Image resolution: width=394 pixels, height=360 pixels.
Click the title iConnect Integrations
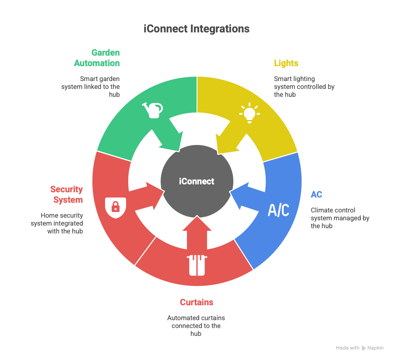coord(197,29)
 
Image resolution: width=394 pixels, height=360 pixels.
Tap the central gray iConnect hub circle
coord(197,181)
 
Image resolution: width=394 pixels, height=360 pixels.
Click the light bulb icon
coord(249,112)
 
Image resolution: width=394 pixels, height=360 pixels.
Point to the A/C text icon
coord(278,210)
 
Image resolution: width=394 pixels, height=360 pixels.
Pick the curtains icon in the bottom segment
coord(197,265)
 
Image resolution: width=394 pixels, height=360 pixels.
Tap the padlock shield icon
coord(116,206)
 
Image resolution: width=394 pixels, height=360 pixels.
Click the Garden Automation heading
coord(97,58)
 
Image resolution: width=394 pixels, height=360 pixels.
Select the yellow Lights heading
coord(286,63)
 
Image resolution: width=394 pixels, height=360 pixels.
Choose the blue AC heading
coord(316,194)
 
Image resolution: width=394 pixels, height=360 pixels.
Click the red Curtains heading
coord(197,302)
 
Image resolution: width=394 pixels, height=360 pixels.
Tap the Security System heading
coord(67,194)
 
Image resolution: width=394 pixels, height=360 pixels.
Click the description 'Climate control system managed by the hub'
coord(340,218)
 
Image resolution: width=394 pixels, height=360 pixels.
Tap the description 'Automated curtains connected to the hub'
coord(196,326)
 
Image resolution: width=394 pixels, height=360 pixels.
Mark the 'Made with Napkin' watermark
coord(359,348)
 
